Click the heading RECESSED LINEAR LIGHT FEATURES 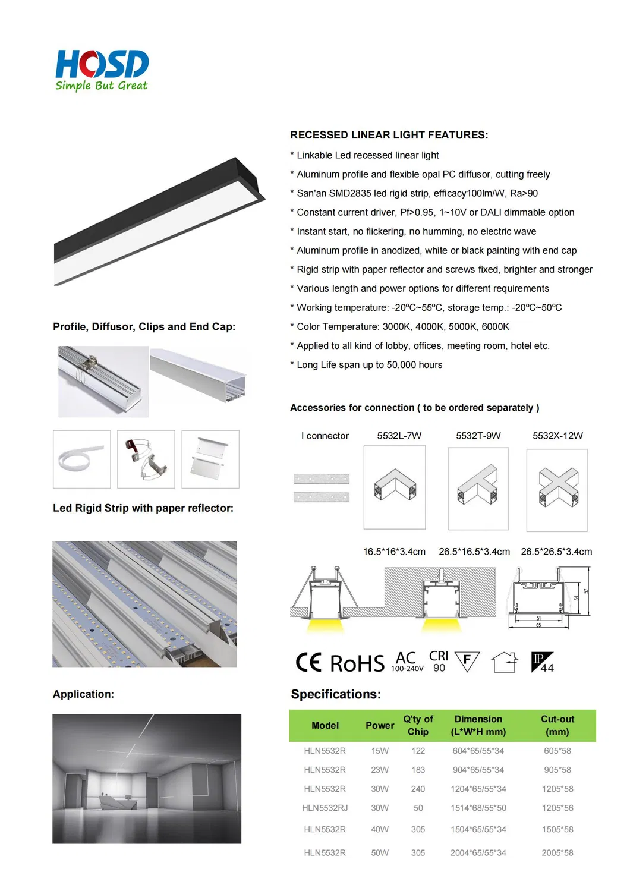(389, 135)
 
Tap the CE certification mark (308, 662)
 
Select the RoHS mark (357, 663)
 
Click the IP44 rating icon (542, 662)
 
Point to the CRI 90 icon (439, 661)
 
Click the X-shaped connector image (557, 489)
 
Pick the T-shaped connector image (478, 487)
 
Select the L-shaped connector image (395, 487)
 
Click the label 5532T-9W (478, 436)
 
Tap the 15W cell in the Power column (380, 751)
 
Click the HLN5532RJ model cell (325, 808)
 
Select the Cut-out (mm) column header (557, 725)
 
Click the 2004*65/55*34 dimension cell (478, 852)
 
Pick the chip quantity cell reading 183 (418, 770)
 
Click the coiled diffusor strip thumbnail (82, 459)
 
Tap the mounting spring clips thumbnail (146, 459)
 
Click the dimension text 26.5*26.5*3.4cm (556, 552)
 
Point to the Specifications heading (336, 694)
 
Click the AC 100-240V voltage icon (407, 662)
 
